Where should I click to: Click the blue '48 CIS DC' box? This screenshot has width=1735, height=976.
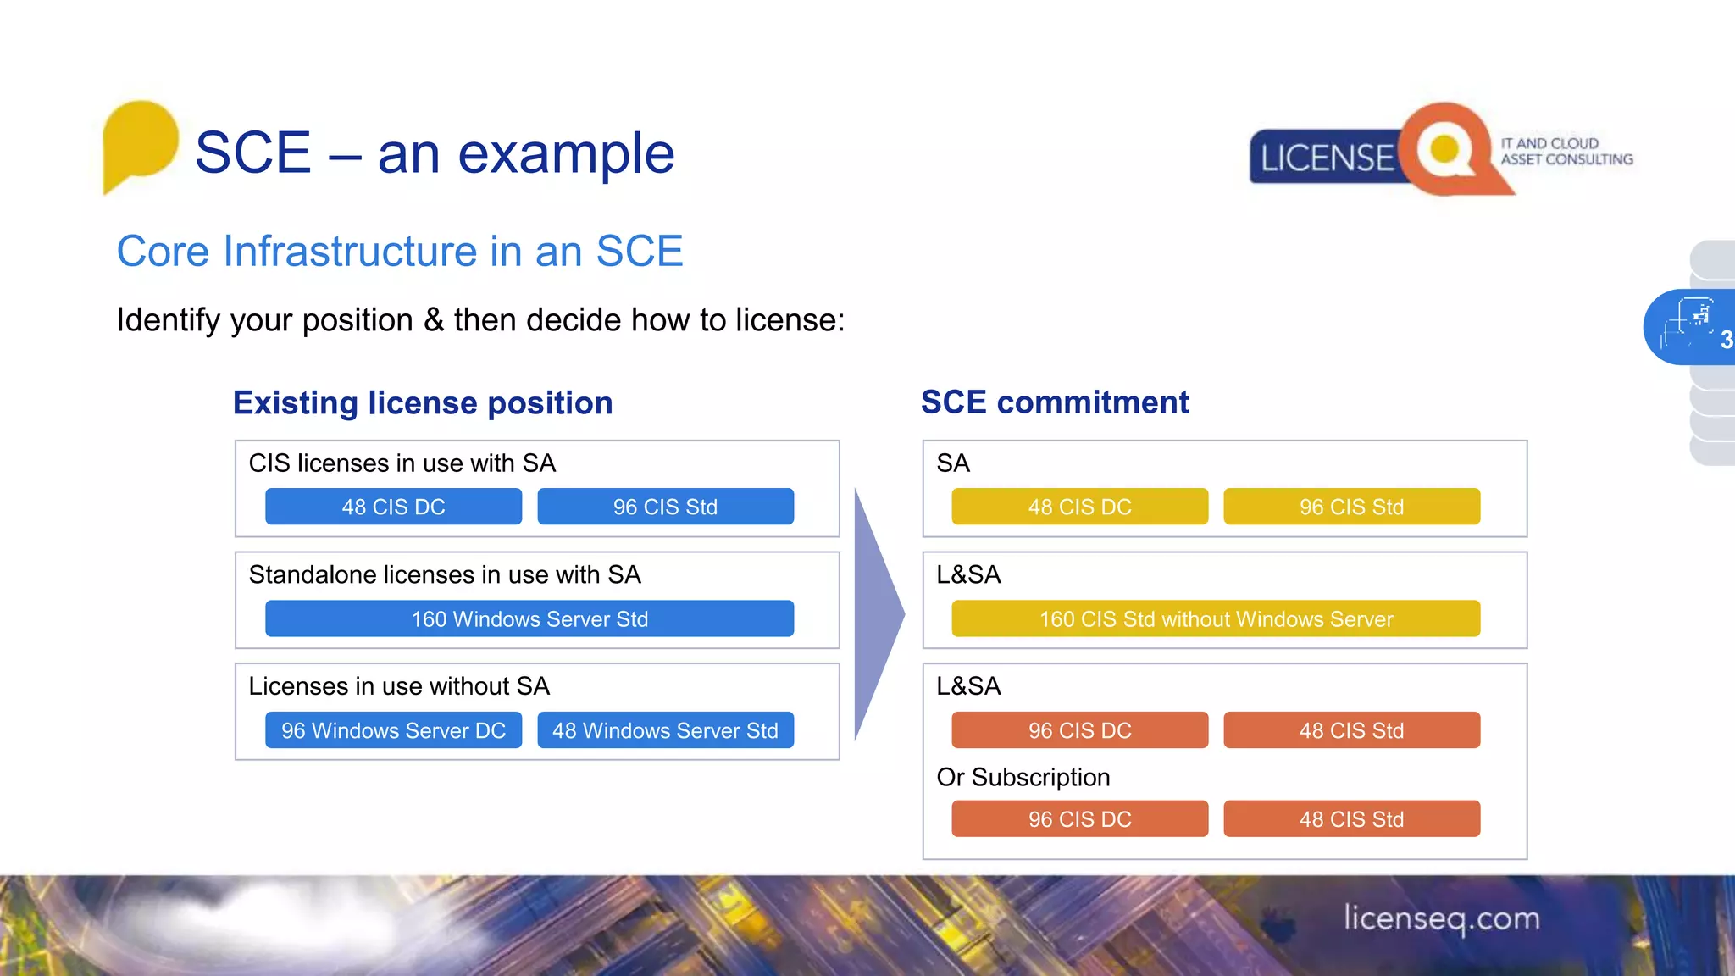[393, 507]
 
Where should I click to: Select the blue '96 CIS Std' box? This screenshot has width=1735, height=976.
[665, 507]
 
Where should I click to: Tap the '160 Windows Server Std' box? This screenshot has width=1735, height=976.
[529, 618]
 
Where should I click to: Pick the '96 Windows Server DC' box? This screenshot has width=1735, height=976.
[393, 730]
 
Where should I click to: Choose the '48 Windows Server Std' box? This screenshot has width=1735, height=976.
[665, 730]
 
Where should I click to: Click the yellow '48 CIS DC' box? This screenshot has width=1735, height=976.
[1079, 507]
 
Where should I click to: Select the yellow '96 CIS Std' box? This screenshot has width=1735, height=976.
[1351, 507]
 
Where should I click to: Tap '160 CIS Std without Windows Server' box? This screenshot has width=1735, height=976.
[1216, 618]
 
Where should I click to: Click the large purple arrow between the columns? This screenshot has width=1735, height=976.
[877, 614]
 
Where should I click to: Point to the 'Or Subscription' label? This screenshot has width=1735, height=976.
[1023, 777]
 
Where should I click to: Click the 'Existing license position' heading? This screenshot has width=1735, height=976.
[423, 402]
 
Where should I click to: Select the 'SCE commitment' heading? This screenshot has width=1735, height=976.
[1055, 402]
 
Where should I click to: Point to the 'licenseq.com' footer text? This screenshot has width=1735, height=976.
[1441, 918]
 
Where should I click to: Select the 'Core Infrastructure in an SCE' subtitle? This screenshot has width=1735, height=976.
[400, 252]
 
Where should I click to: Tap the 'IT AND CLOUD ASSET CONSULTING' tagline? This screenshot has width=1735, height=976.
[1566, 152]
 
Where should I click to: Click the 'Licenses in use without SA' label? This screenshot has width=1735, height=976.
[399, 685]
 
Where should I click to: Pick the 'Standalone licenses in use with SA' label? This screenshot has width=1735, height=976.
[445, 574]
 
